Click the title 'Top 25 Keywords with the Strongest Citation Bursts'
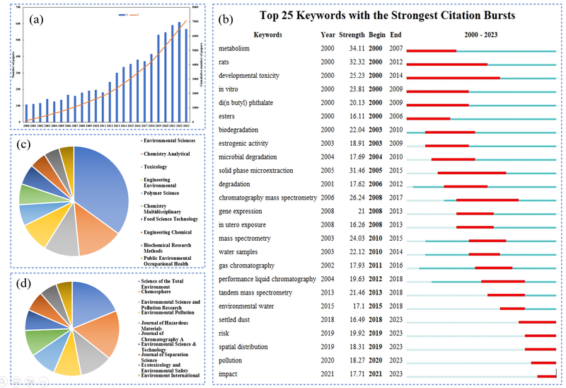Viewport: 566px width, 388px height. [387, 15]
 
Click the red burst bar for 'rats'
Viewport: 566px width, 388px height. [446, 64]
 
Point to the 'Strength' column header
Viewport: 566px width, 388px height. [352, 35]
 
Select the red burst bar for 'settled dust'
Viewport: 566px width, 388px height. [537, 322]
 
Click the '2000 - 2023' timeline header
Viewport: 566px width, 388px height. [481, 35]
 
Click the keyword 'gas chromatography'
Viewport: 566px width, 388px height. [246, 266]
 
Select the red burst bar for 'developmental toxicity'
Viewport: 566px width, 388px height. [453, 78]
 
